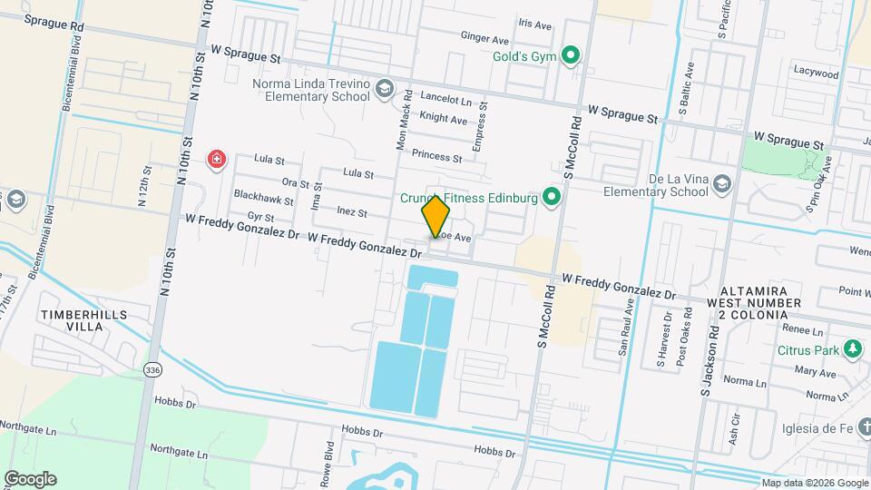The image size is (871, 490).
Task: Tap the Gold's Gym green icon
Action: (x=571, y=56)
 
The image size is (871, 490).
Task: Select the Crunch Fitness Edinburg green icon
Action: (x=551, y=197)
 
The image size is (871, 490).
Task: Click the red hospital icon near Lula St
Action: (x=217, y=161)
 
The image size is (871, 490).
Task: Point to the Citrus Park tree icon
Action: (x=852, y=348)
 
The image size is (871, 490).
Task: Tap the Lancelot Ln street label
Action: (x=446, y=102)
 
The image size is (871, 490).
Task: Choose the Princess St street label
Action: (x=436, y=156)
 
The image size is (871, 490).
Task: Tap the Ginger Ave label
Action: (x=484, y=39)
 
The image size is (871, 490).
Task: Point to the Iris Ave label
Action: (x=534, y=24)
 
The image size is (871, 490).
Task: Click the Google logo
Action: (x=30, y=478)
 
